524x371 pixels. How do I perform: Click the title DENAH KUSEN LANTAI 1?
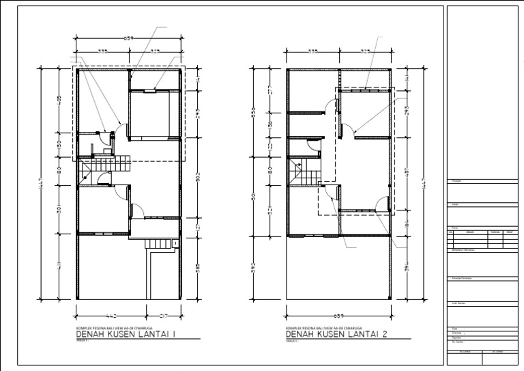click(x=127, y=334)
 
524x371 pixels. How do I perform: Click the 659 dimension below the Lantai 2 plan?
click(x=338, y=315)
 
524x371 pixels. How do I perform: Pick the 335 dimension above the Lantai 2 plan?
click(x=313, y=51)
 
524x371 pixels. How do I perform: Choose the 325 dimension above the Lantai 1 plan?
click(x=156, y=51)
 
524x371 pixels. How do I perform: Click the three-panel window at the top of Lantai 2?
click(x=366, y=89)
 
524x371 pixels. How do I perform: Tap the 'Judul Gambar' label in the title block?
click(x=458, y=301)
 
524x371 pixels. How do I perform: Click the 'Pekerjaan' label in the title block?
click(x=457, y=181)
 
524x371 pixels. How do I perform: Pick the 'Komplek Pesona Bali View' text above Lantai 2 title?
click(x=323, y=328)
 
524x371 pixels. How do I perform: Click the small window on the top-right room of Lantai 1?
click(x=149, y=88)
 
